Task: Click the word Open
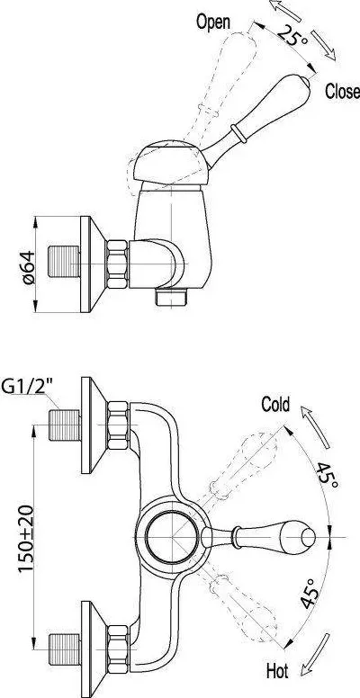(213, 22)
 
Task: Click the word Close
(342, 91)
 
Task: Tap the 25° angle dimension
(292, 35)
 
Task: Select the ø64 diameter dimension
(28, 267)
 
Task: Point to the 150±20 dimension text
(26, 539)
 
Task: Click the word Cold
(275, 405)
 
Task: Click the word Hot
(277, 670)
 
